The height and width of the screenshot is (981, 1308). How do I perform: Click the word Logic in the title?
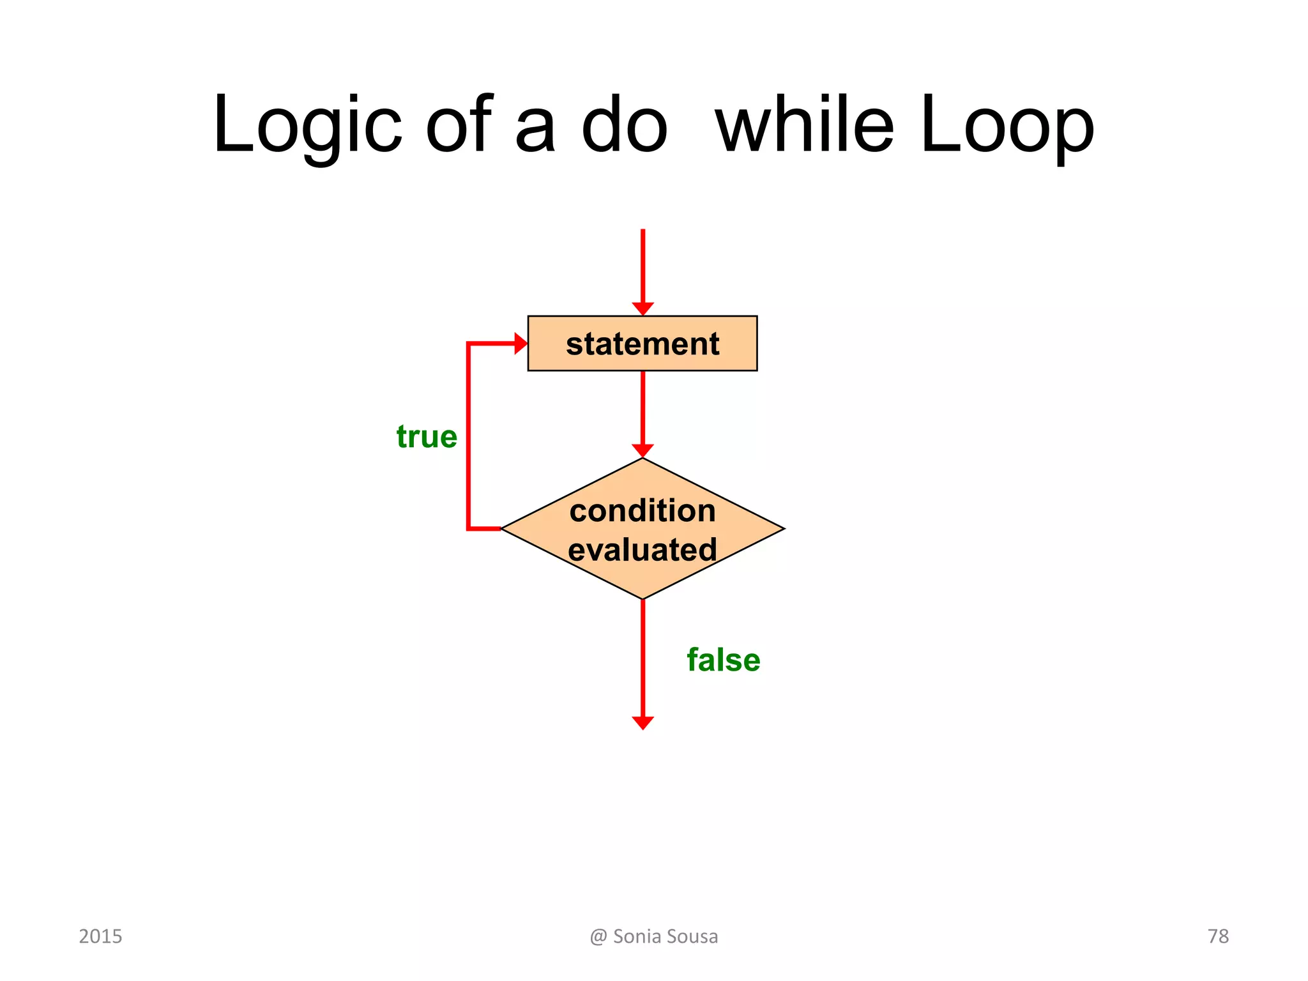307,125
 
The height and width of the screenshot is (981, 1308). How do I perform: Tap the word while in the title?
804,125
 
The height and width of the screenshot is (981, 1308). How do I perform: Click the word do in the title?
624,125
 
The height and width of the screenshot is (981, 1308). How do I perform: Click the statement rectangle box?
642,344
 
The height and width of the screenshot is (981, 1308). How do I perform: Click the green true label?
427,437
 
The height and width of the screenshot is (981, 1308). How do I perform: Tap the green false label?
723,660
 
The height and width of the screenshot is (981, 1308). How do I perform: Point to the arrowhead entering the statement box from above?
643,308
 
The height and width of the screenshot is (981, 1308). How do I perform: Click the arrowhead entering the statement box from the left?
521,344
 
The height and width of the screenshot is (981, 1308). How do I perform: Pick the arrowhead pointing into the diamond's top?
643,450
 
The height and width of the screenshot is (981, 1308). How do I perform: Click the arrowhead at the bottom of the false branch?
643,722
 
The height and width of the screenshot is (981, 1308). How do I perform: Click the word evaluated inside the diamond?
643,550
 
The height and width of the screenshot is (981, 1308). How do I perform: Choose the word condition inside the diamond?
643,511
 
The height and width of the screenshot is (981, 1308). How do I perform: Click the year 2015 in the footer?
100,936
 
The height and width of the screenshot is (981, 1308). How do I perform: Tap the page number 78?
1217,936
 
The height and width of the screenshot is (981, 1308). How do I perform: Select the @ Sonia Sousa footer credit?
654,936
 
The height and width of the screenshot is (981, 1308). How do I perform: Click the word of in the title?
459,125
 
